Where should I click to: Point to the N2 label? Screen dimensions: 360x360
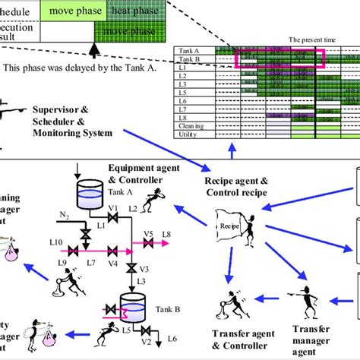click(x=64, y=215)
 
